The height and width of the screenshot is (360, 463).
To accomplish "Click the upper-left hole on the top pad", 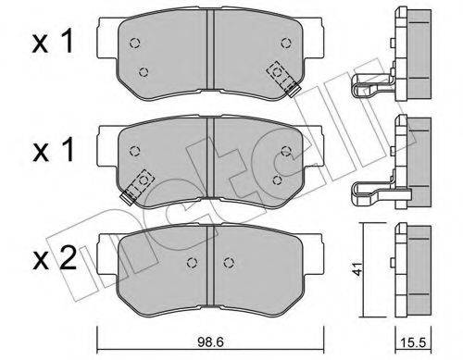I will click(135, 43).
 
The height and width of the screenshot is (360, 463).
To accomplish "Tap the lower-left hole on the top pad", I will click(144, 71).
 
